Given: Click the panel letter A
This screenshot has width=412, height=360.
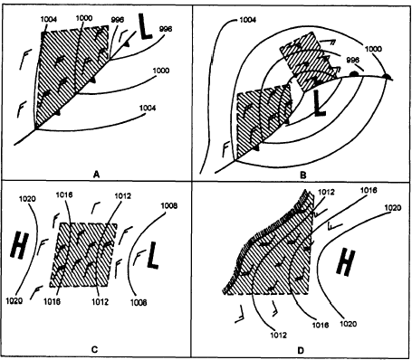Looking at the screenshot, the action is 96,175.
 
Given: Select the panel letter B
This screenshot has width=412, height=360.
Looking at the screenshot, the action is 303,175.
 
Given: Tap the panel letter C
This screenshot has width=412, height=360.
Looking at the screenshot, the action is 94,350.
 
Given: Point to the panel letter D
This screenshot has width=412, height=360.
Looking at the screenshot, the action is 301,350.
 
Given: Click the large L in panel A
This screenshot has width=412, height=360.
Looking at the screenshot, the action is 145,26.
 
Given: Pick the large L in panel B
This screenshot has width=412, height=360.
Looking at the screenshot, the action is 319,103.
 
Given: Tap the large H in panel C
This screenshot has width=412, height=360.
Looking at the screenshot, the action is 19,245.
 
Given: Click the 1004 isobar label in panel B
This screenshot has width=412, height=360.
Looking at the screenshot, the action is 247,20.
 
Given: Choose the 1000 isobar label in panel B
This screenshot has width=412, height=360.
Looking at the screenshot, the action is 373,49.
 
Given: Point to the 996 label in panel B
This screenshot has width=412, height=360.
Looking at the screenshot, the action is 352,60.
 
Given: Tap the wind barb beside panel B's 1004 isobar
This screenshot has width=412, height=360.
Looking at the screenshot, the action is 225,149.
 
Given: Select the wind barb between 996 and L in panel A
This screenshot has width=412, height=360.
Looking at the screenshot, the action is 123,35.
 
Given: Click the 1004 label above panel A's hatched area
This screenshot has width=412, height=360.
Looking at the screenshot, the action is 49,19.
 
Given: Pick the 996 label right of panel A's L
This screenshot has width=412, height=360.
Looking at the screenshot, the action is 166,29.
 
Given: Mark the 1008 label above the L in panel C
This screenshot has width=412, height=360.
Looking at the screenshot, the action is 168,206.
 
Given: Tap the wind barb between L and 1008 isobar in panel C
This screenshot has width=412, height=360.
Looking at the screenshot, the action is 139,258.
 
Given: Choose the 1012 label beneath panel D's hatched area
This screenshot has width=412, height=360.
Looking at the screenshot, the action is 278,335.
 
